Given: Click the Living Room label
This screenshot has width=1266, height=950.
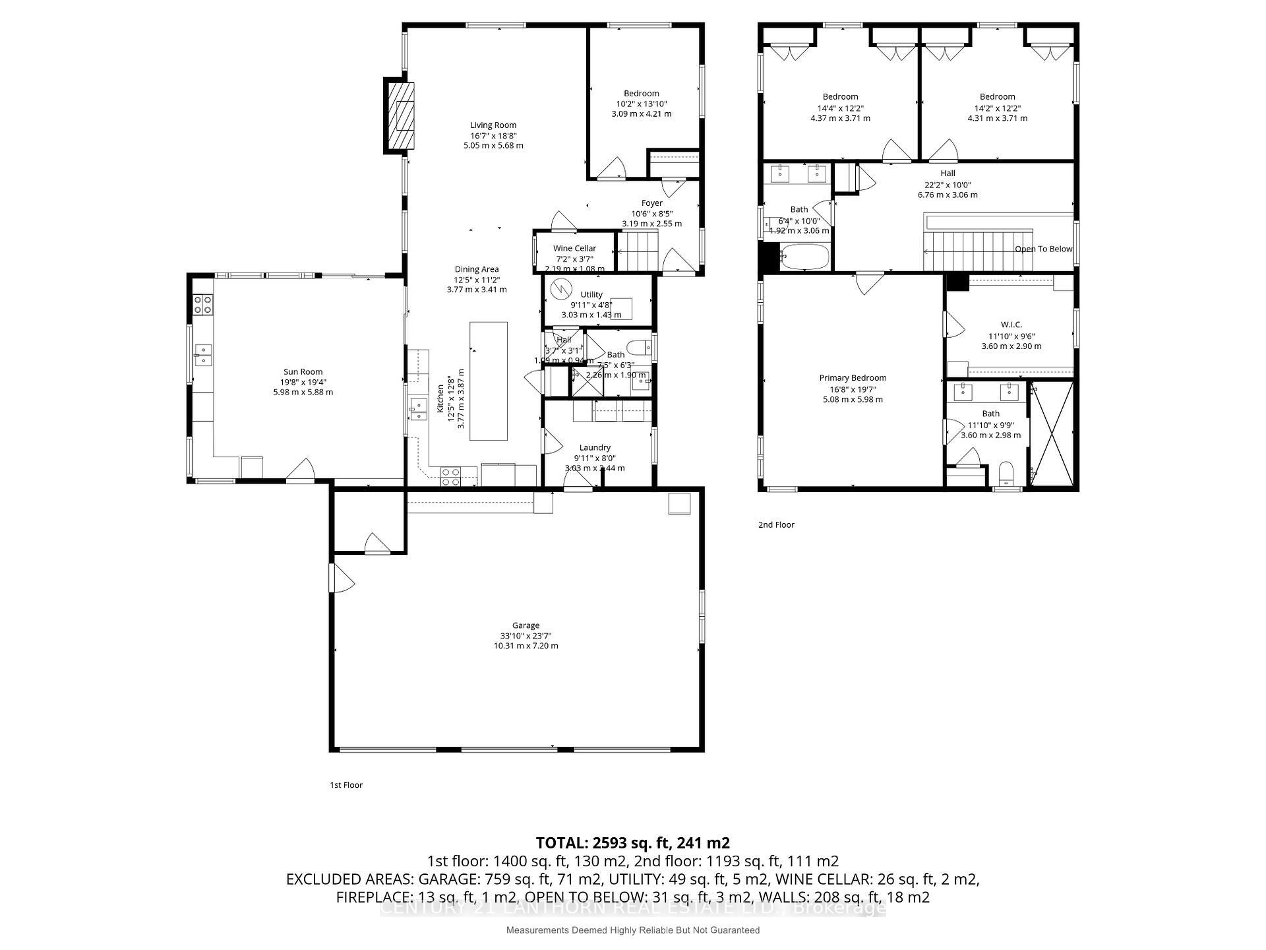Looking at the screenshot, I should (x=493, y=125).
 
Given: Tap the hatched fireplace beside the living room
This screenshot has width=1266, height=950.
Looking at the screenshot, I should (x=400, y=117).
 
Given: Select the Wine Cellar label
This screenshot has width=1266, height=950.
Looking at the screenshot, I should (x=574, y=248).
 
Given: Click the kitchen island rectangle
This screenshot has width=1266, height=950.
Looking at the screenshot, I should (x=488, y=381).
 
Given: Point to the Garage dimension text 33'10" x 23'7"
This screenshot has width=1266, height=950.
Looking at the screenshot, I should (x=526, y=636).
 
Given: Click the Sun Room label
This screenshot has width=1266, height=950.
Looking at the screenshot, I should (x=303, y=371).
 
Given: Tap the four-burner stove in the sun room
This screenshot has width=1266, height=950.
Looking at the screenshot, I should (x=202, y=304).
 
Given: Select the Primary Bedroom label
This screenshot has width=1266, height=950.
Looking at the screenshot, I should (x=853, y=378).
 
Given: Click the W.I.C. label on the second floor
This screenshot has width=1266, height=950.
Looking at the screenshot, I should (x=1011, y=325).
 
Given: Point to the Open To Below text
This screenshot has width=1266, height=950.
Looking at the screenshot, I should (x=1043, y=249).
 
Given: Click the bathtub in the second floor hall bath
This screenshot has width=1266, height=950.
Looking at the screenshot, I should (x=804, y=257).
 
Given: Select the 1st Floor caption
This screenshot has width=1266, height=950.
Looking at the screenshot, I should (x=346, y=785).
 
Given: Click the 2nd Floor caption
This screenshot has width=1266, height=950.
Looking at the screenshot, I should (x=776, y=524).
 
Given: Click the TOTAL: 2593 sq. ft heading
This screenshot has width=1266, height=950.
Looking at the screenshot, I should (x=632, y=842).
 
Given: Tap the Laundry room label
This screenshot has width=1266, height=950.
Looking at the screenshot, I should (x=594, y=447).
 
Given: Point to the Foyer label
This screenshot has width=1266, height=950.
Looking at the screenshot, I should (x=651, y=203).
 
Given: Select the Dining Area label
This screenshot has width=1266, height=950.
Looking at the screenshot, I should (x=476, y=269).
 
